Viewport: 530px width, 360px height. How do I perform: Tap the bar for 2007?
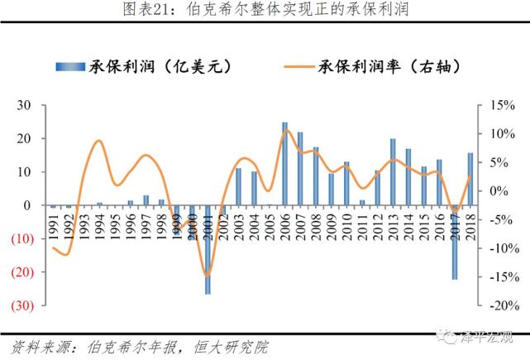(x=300, y=169)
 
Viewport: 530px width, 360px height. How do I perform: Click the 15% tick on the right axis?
(x=502, y=105)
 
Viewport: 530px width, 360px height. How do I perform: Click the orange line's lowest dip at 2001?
(x=207, y=275)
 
